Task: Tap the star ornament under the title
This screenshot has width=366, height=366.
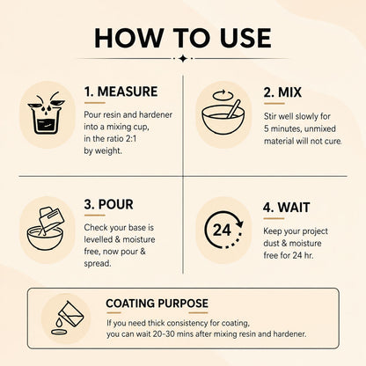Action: point(183,58)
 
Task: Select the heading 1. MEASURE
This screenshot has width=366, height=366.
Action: point(121,91)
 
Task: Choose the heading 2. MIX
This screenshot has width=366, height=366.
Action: point(282,92)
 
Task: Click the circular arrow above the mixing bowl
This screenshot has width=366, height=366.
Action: point(223,95)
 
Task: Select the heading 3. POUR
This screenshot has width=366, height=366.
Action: point(108,204)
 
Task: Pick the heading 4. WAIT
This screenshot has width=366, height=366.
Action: point(286,208)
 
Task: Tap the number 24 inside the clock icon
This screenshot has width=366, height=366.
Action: point(222,231)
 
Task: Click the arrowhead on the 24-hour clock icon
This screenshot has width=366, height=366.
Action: point(239,223)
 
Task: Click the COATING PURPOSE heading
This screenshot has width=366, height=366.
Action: point(157,304)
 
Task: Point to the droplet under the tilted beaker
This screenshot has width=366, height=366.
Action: point(60,322)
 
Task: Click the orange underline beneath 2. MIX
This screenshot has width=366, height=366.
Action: point(274,104)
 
